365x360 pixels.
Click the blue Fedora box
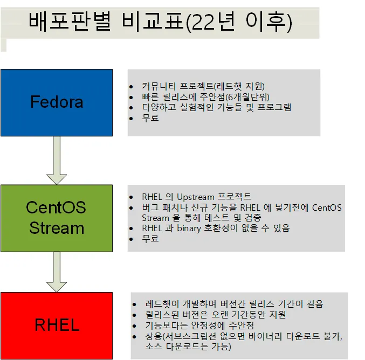tap(56, 102)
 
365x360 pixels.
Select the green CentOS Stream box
tap(56, 218)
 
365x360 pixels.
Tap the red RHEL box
tap(56, 325)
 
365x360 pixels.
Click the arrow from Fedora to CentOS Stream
tap(56, 160)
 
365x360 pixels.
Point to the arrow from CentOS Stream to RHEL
tap(56, 272)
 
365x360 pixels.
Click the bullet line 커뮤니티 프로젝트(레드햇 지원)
tap(203, 86)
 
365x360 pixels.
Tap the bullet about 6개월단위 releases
tap(205, 96)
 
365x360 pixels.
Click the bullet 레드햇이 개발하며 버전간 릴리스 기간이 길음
tap(235, 304)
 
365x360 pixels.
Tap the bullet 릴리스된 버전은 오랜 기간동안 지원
tap(216, 315)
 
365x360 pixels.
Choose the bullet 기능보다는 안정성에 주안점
tap(199, 326)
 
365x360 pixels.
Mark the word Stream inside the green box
tap(56, 228)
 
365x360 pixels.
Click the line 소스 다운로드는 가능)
tap(189, 347)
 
